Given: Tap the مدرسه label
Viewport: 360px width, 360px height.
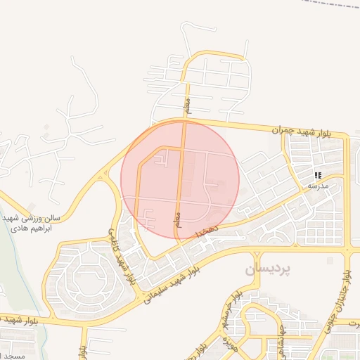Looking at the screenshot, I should pyautogui.click(x=318, y=185).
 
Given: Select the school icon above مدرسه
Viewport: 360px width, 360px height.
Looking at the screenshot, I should pyautogui.click(x=318, y=174).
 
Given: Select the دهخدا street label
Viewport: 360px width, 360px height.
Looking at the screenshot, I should pyautogui.click(x=209, y=229).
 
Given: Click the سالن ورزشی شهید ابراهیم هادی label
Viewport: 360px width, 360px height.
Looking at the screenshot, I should pyautogui.click(x=31, y=224).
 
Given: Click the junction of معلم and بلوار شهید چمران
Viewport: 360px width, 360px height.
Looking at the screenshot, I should pyautogui.click(x=184, y=124).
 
